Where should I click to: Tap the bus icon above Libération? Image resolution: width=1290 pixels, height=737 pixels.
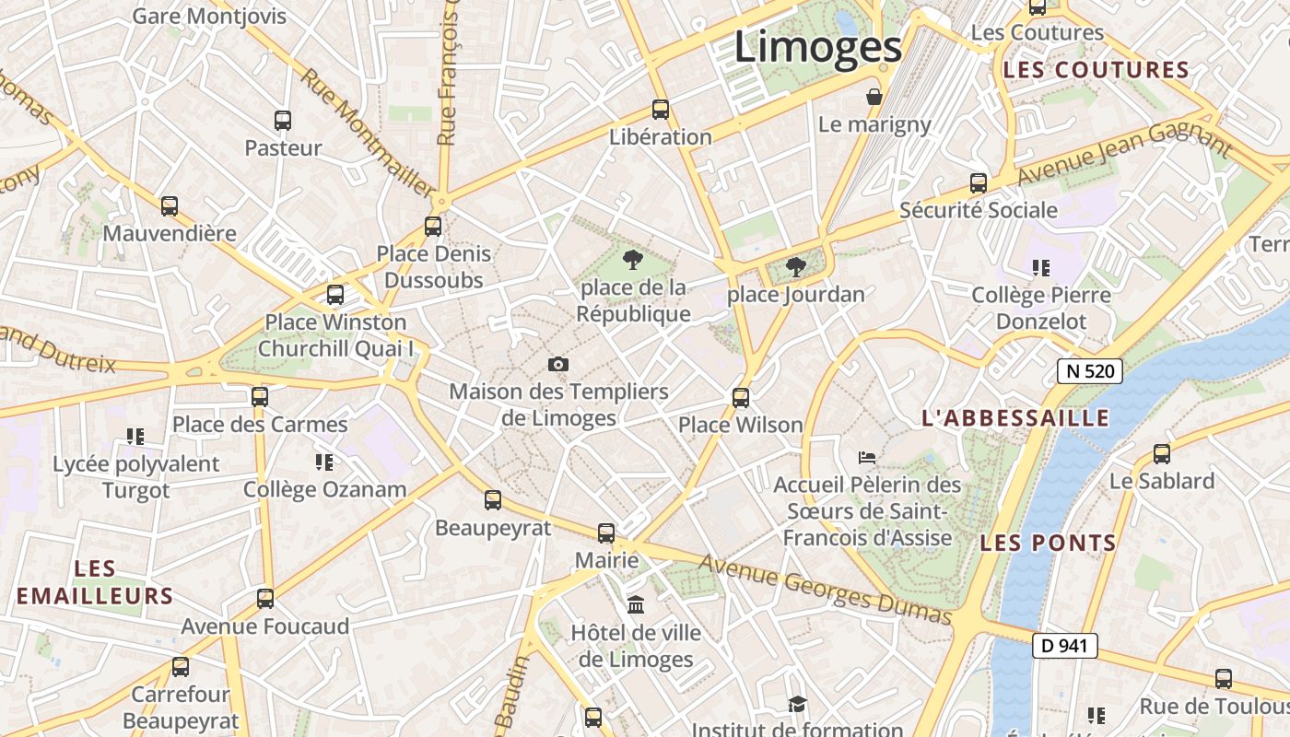pyautogui.click(x=661, y=110)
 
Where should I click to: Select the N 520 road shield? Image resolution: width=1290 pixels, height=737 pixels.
pyautogui.click(x=1090, y=371)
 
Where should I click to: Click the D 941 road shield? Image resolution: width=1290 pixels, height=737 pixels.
pyautogui.click(x=1064, y=646)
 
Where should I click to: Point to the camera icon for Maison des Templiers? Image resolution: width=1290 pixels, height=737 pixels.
pyautogui.click(x=557, y=365)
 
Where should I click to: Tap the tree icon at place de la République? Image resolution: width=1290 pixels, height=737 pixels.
pyautogui.click(x=632, y=261)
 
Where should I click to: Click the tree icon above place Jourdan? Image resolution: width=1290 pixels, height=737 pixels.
pyautogui.click(x=796, y=268)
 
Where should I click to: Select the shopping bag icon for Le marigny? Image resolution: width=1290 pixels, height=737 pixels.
pyautogui.click(x=874, y=97)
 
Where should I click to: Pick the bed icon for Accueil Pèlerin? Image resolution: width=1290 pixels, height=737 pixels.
pyautogui.click(x=866, y=457)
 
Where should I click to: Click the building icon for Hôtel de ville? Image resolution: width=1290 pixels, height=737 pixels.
pyautogui.click(x=636, y=605)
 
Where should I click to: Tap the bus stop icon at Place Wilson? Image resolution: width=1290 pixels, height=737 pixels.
pyautogui.click(x=741, y=398)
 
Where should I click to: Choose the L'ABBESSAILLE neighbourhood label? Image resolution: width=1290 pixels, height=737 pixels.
pyautogui.click(x=1015, y=418)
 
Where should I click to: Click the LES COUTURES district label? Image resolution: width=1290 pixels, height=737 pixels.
pyautogui.click(x=1096, y=70)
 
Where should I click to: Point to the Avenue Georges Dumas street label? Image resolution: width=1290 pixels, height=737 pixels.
pyautogui.click(x=824, y=590)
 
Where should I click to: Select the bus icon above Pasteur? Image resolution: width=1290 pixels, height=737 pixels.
pyautogui.click(x=283, y=121)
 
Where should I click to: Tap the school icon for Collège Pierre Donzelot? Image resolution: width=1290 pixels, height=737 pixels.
pyautogui.click(x=1041, y=268)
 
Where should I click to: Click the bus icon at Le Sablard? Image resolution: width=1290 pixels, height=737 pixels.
pyautogui.click(x=1162, y=454)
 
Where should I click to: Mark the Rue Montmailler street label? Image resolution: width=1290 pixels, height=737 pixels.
pyautogui.click(x=366, y=132)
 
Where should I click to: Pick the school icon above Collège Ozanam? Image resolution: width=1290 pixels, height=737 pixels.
pyautogui.click(x=323, y=462)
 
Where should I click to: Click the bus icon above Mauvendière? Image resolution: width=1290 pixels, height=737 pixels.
pyautogui.click(x=170, y=206)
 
